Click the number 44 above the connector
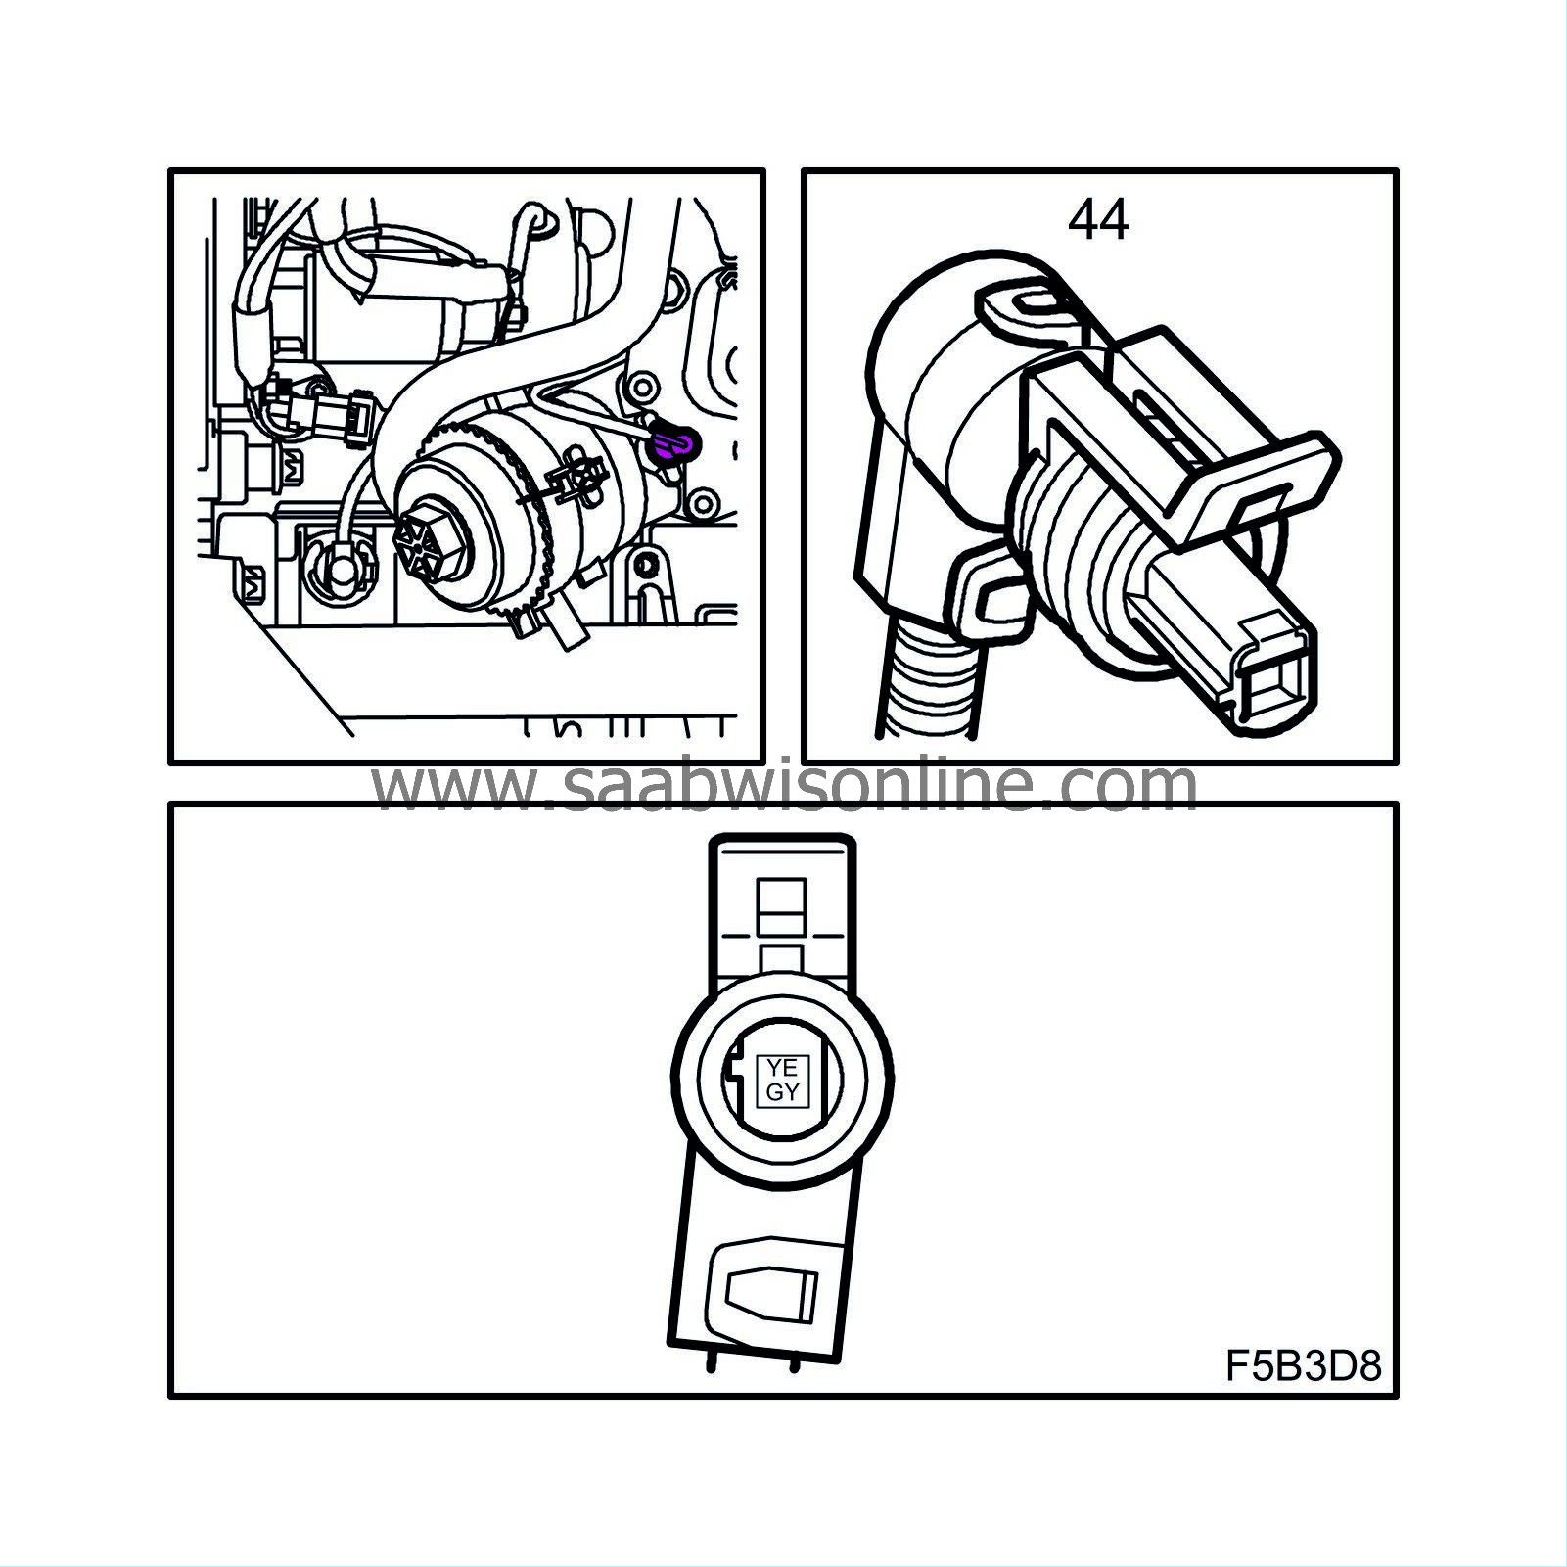pos(1098,220)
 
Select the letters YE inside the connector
pos(782,1067)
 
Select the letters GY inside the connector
pos(782,1092)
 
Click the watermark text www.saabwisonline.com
pos(783,784)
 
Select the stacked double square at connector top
pos(782,907)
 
